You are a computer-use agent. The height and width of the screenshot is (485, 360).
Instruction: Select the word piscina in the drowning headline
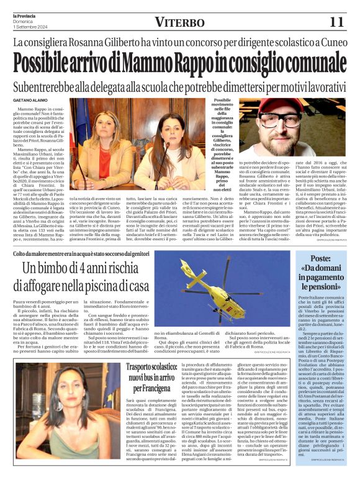point(104,286)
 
